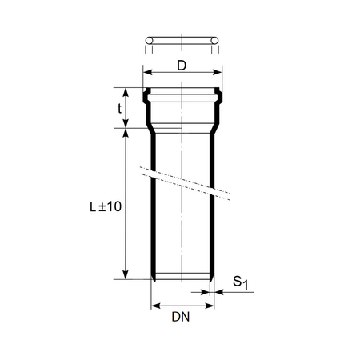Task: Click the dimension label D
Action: click(182, 66)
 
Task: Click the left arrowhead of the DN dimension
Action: click(155, 305)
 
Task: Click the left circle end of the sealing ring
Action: click(148, 41)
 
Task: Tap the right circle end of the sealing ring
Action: click(216, 41)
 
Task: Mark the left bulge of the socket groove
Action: click(146, 98)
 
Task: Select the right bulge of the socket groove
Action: click(218, 98)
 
